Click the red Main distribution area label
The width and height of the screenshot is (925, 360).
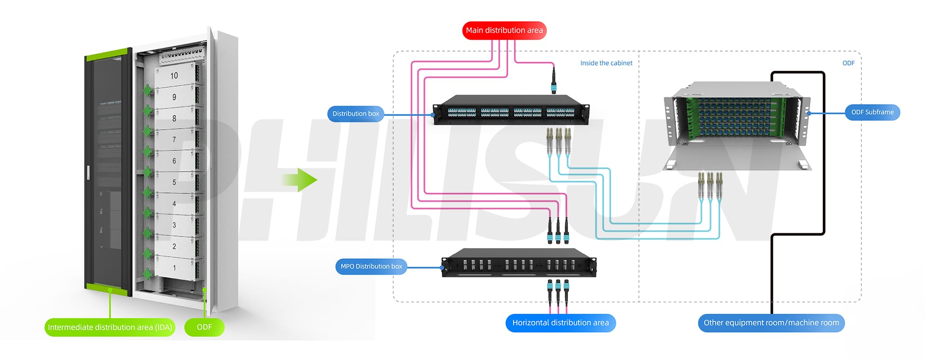pos(504,30)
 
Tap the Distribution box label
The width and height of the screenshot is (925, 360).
pos(356,114)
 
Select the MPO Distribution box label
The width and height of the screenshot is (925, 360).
pos(371,267)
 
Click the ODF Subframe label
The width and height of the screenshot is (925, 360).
pos(872,112)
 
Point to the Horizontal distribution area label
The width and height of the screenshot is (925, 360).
pos(560,323)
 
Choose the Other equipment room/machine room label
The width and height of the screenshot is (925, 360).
pos(771,323)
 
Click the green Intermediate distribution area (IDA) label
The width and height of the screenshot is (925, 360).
pos(110,327)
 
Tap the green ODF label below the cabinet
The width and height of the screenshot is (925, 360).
pos(204,327)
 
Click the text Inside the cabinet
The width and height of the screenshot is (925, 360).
pos(606,63)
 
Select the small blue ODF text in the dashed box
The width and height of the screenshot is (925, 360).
pos(848,63)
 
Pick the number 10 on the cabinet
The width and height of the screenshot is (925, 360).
pos(174,76)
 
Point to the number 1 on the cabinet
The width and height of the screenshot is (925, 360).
pos(174,268)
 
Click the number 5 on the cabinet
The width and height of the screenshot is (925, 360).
pos(174,183)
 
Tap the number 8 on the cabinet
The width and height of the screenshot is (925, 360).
pos(174,119)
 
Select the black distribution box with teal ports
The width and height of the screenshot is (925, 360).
pos(511,111)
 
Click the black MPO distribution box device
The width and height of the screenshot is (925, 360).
pos(519,263)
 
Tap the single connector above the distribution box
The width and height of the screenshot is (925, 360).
pos(554,80)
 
